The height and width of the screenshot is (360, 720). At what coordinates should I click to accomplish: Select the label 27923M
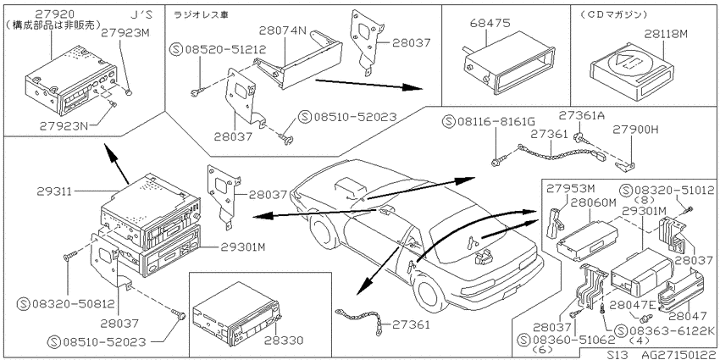pos(126,32)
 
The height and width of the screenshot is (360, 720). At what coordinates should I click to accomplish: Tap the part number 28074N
pos(282,30)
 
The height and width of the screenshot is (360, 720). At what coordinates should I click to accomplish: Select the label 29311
pos(54,191)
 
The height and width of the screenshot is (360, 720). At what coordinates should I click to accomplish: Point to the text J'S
pos(140,14)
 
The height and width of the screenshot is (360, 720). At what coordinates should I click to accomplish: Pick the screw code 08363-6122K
pos(665,330)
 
